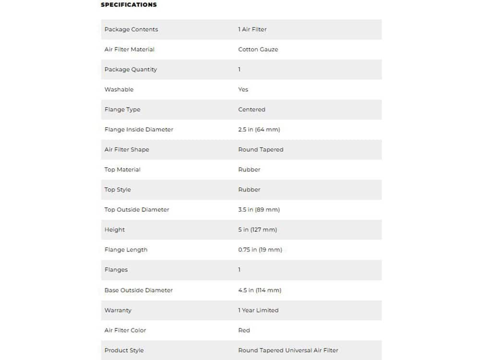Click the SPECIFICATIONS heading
click(x=129, y=5)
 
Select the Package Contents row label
click(x=131, y=29)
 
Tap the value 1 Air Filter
click(x=252, y=29)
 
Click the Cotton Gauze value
click(x=258, y=49)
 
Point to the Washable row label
click(x=119, y=89)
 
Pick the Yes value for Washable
click(x=243, y=89)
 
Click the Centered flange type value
click(x=252, y=109)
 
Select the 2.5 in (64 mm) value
click(x=259, y=130)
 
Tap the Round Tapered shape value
click(x=261, y=150)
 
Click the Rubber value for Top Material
click(x=249, y=169)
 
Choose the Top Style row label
click(x=118, y=190)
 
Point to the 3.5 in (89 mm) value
click(x=259, y=210)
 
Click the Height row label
click(x=115, y=230)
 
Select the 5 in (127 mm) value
click(x=257, y=230)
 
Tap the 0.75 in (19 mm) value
click(x=260, y=250)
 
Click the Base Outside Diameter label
click(x=139, y=290)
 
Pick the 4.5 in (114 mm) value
click(x=260, y=290)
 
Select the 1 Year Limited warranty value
click(x=258, y=311)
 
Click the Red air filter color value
click(x=244, y=330)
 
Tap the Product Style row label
click(x=124, y=350)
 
